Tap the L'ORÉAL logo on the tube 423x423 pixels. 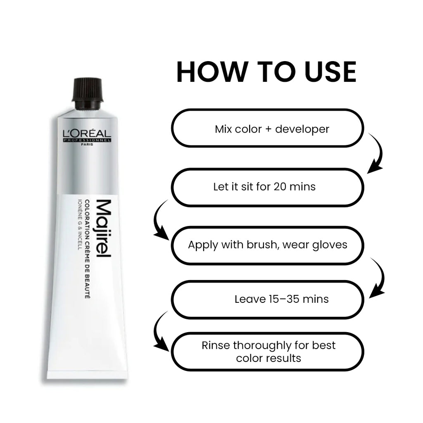pos(87,134)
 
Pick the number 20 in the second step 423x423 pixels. pos(280,187)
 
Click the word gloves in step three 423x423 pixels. pos(329,245)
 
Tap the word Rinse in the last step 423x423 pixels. pos(216,345)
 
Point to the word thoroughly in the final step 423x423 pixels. pos(265,345)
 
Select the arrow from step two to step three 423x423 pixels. pos(160,221)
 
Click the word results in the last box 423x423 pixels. pos(285,358)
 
